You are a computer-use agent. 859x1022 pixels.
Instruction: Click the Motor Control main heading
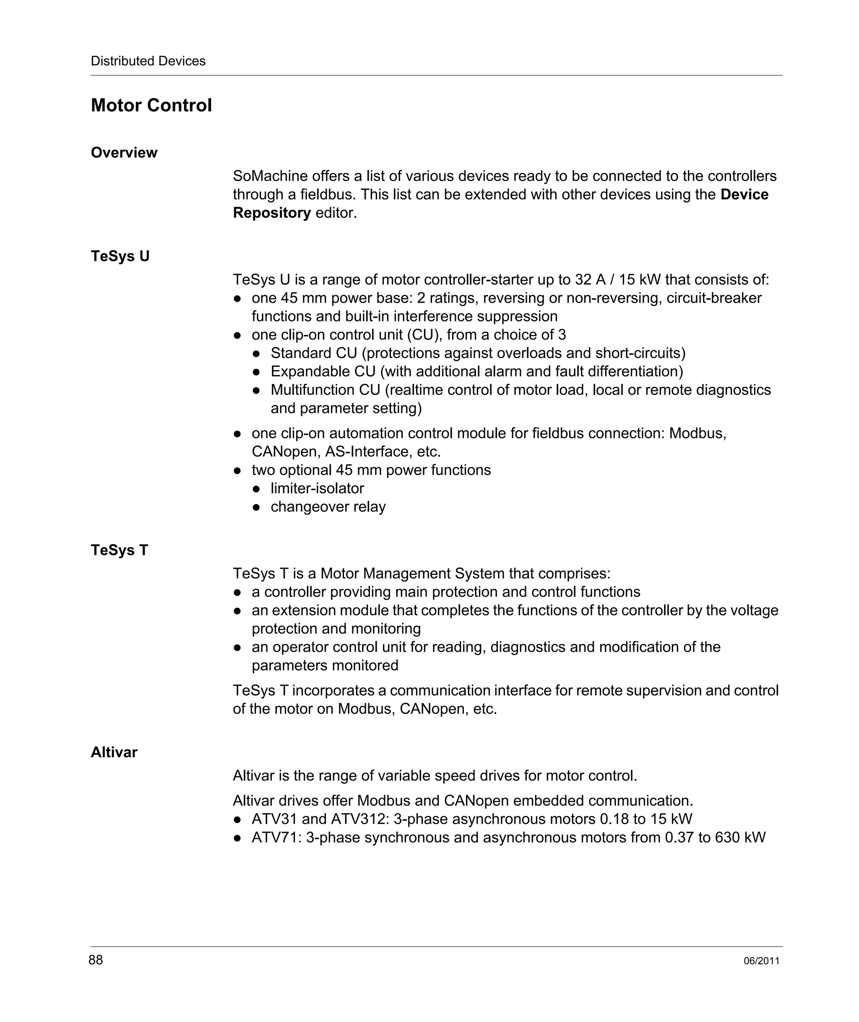(151, 106)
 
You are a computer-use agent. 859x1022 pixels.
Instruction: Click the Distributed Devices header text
(148, 61)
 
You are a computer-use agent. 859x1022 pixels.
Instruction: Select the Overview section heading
(124, 152)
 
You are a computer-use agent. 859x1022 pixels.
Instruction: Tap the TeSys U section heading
(120, 256)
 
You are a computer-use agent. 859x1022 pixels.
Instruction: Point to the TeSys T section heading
(119, 550)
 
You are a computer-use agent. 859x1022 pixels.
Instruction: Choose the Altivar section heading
(114, 752)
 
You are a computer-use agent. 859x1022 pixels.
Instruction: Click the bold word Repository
(272, 213)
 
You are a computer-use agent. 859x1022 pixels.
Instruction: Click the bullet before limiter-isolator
(257, 489)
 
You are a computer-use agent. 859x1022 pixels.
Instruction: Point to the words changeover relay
(328, 507)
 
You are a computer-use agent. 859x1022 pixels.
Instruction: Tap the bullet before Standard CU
(257, 353)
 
